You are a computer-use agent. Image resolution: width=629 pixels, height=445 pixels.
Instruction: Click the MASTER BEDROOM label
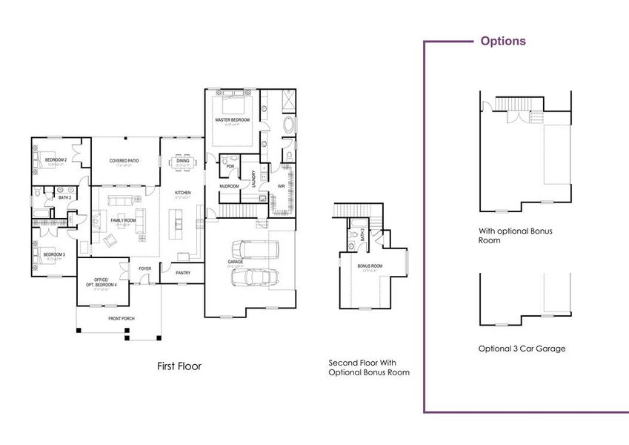click(233, 119)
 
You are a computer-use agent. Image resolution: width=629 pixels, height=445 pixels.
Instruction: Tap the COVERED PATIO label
click(124, 160)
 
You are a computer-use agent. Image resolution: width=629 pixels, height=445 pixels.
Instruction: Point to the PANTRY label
click(184, 272)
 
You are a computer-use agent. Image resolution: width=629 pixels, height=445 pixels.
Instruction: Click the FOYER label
click(144, 268)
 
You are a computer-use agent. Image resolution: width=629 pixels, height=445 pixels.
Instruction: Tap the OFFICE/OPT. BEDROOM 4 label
click(104, 281)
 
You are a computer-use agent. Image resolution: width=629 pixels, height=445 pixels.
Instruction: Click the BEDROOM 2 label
click(56, 160)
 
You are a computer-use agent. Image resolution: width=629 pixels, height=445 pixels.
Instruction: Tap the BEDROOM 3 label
click(54, 255)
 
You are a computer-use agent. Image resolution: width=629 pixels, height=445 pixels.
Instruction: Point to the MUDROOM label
click(230, 186)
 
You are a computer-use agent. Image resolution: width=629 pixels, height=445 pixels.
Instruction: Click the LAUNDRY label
click(254, 179)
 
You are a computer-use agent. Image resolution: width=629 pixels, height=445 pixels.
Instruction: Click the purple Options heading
click(503, 41)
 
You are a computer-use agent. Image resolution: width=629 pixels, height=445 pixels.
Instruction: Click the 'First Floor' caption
click(179, 366)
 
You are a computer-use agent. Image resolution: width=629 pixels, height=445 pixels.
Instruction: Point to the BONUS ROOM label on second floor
click(370, 265)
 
